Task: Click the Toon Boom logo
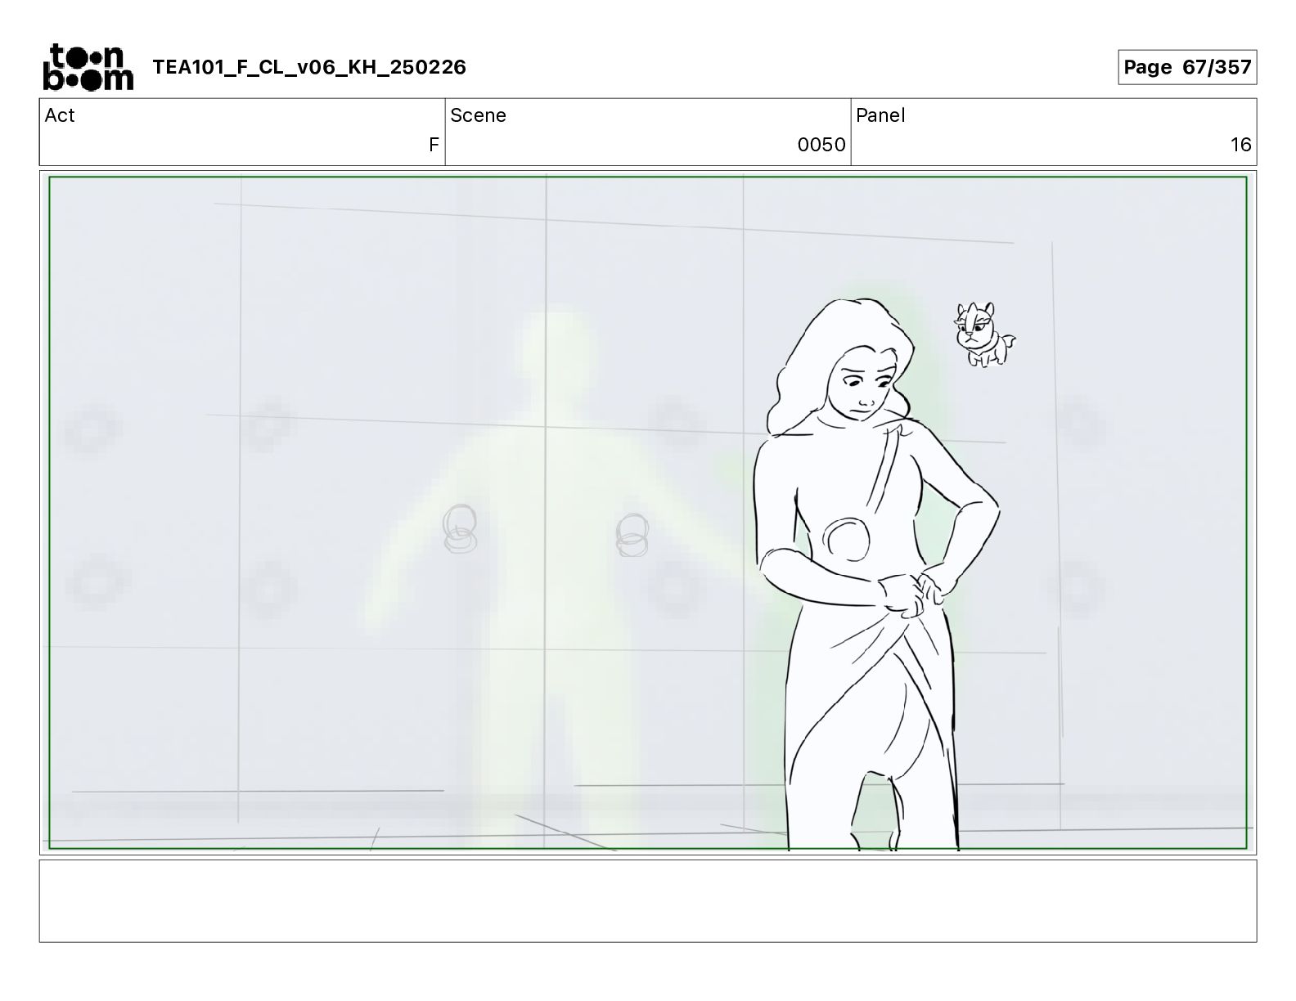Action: click(88, 67)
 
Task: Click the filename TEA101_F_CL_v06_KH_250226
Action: click(309, 67)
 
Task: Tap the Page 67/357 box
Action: click(1187, 67)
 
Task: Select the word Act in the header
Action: click(60, 115)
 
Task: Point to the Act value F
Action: click(434, 145)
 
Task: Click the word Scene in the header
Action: click(478, 115)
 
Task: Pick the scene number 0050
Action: click(821, 145)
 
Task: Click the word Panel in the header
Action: click(880, 115)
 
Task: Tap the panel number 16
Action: click(1240, 145)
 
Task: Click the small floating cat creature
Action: click(984, 334)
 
